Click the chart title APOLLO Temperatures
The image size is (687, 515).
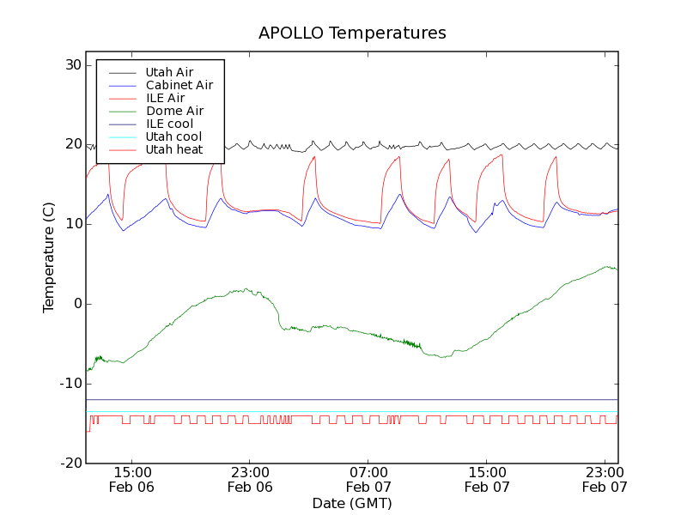pyautogui.click(x=352, y=33)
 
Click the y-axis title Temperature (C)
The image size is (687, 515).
pyautogui.click(x=49, y=257)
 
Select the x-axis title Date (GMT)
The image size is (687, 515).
pyautogui.click(x=352, y=503)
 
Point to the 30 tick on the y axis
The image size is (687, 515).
pyautogui.click(x=71, y=65)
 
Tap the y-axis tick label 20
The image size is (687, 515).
pyautogui.click(x=71, y=144)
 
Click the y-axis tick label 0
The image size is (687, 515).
pyautogui.click(x=76, y=304)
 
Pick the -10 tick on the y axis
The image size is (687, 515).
pyautogui.click(x=70, y=384)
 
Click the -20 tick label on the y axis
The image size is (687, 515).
pyautogui.click(x=70, y=463)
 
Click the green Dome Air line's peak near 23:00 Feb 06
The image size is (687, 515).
pyautogui.click(x=246, y=289)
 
